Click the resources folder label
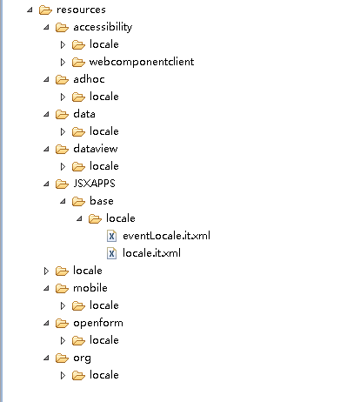click(x=81, y=10)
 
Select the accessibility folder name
click(x=103, y=27)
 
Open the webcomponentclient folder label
click(x=142, y=62)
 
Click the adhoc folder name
click(x=89, y=79)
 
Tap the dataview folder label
click(x=96, y=149)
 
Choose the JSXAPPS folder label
click(x=94, y=184)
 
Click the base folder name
click(x=102, y=201)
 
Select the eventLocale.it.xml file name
click(x=166, y=236)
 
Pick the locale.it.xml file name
click(x=151, y=253)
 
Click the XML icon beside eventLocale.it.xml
click(x=111, y=236)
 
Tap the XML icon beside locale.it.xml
click(x=111, y=253)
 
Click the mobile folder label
click(x=90, y=288)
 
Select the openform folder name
click(x=98, y=323)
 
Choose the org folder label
click(x=82, y=358)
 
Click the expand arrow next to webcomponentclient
click(x=63, y=62)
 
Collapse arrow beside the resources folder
click(x=30, y=10)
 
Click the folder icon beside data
click(x=62, y=115)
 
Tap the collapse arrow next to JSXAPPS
click(x=46, y=184)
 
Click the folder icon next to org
click(x=62, y=358)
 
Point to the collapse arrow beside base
click(x=63, y=201)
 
